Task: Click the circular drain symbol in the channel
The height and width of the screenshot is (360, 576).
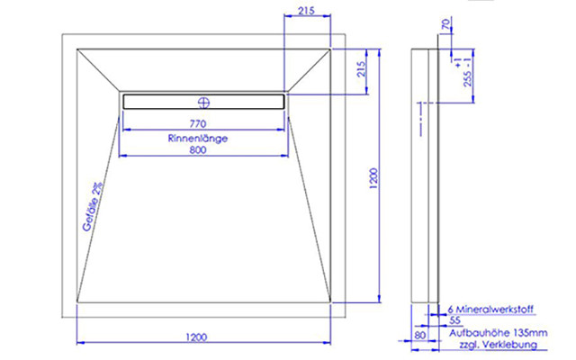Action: pyautogui.click(x=203, y=101)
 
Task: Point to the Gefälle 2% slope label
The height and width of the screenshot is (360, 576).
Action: pyautogui.click(x=92, y=207)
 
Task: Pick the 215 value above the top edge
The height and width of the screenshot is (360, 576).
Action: pyautogui.click(x=305, y=11)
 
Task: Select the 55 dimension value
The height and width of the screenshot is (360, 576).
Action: pyautogui.click(x=454, y=320)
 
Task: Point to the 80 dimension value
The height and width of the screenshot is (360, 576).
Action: pyautogui.click(x=419, y=335)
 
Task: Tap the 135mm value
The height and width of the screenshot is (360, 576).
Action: pyautogui.click(x=526, y=333)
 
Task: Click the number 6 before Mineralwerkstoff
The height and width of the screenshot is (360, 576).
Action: pyautogui.click(x=450, y=309)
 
